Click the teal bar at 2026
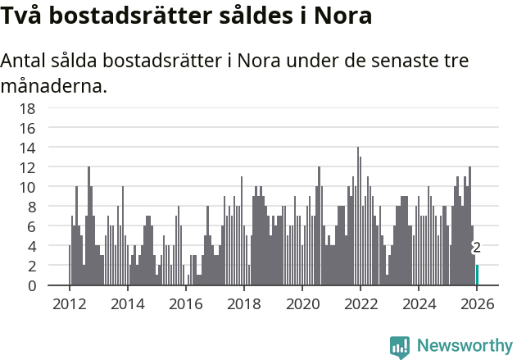(x=478, y=275)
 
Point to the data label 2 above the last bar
(x=477, y=248)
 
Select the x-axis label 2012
(x=69, y=303)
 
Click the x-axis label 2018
(x=243, y=303)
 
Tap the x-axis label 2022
(x=360, y=303)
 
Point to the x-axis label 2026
(x=477, y=303)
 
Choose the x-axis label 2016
(x=185, y=303)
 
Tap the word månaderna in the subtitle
(x=54, y=84)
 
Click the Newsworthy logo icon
(x=400, y=346)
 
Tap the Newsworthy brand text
(x=465, y=346)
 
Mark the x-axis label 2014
(x=127, y=303)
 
